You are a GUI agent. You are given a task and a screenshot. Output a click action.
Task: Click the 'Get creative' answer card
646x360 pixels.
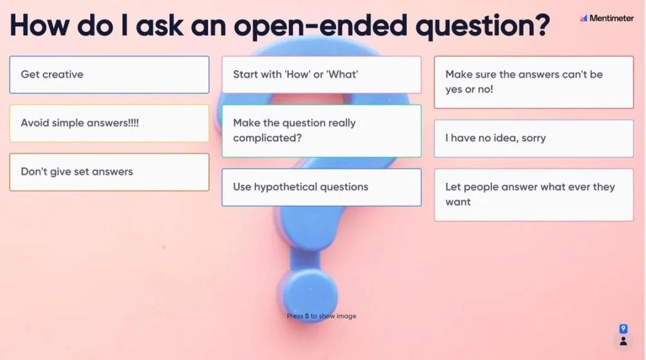click(109, 74)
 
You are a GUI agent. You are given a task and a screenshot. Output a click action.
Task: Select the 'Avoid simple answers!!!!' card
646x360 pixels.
click(109, 123)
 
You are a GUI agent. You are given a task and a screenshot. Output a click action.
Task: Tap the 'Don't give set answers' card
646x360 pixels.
click(109, 171)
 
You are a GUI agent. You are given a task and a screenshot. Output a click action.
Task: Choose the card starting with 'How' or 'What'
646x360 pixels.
click(321, 74)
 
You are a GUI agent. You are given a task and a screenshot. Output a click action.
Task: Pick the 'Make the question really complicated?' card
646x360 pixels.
click(321, 131)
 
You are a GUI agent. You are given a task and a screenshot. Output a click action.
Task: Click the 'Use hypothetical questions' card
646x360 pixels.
click(321, 187)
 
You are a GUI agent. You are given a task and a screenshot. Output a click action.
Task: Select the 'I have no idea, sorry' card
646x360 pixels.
click(534, 138)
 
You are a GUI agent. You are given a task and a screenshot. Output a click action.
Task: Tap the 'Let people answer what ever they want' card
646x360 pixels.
click(534, 194)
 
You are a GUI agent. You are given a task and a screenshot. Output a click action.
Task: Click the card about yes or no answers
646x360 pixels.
click(534, 82)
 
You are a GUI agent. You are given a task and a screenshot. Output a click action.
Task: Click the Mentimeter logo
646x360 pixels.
click(607, 18)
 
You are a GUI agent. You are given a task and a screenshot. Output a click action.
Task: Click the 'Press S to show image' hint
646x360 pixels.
click(321, 316)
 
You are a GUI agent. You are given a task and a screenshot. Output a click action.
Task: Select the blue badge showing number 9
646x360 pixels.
click(623, 328)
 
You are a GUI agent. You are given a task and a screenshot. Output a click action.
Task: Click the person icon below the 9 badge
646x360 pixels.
click(623, 341)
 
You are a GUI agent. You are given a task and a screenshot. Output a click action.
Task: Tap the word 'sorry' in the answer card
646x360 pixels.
click(534, 138)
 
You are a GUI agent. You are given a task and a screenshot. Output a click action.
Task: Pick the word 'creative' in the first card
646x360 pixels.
click(63, 74)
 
